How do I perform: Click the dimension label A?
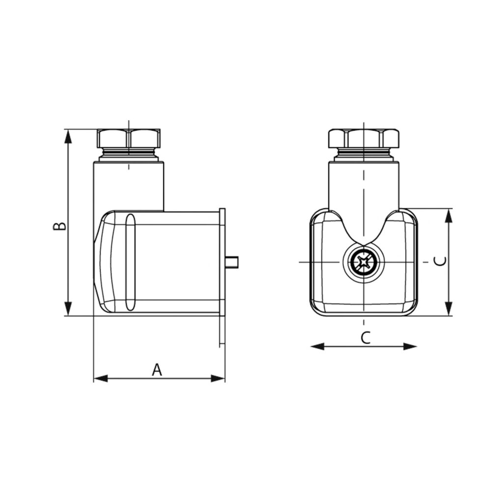157,369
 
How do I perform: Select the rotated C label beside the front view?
441,261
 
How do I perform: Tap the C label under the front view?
364,337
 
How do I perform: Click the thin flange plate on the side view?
222,275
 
